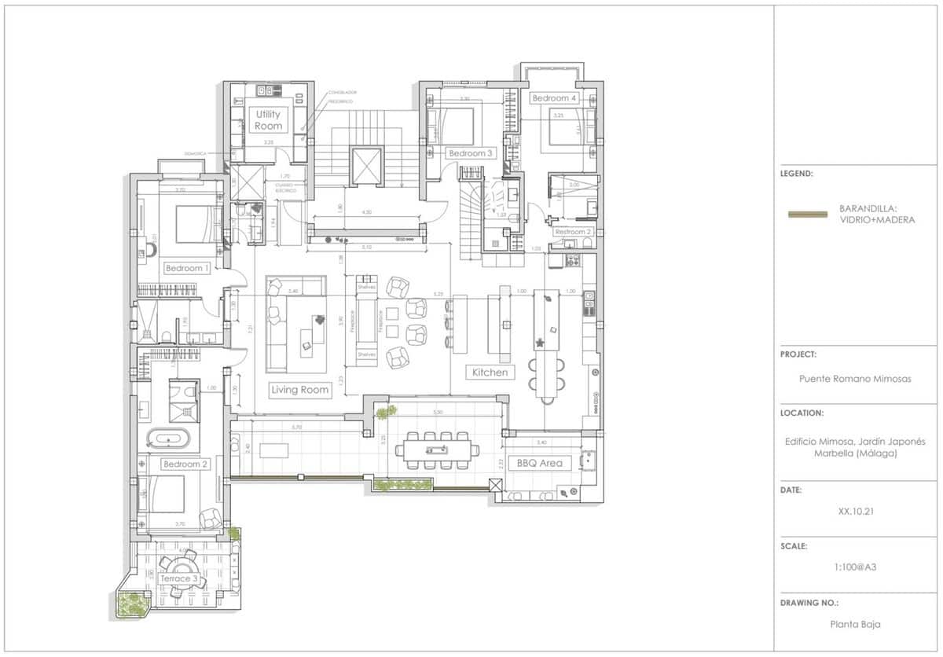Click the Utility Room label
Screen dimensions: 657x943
[268, 120]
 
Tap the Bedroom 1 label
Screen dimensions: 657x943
[187, 268]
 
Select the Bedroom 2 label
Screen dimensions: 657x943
[185, 464]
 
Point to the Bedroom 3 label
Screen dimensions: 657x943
[470, 153]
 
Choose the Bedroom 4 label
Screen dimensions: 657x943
[554, 98]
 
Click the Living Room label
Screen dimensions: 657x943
[299, 390]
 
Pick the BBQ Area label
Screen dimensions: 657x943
[541, 463]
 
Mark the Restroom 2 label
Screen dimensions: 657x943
[572, 232]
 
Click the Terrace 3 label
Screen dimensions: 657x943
[179, 578]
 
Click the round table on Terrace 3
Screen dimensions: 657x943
[179, 567]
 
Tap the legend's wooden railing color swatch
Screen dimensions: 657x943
[807, 214]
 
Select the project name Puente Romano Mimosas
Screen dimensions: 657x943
[855, 378]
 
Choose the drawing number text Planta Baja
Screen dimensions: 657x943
[855, 625]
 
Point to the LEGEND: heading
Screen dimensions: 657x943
[797, 174]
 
